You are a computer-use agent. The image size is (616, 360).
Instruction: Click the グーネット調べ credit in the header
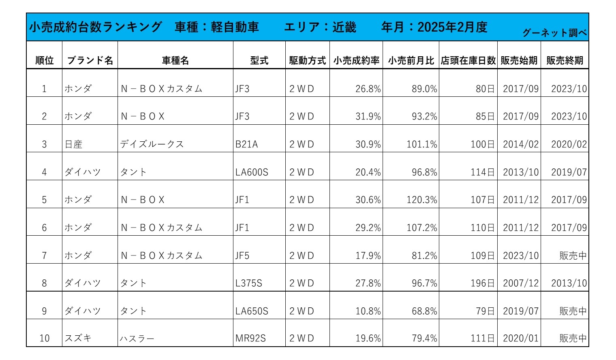(554, 32)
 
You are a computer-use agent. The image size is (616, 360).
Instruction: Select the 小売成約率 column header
(356, 60)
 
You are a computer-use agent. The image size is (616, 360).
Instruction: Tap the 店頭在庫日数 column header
(468, 60)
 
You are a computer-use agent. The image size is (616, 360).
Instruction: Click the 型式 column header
(259, 60)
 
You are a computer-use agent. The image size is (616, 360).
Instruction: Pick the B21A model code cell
(246, 144)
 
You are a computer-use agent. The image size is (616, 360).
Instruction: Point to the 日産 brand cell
(74, 144)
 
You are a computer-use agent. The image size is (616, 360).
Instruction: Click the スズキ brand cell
(78, 338)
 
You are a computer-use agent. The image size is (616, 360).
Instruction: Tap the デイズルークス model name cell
(152, 144)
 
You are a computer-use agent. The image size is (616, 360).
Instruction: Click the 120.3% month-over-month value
(422, 200)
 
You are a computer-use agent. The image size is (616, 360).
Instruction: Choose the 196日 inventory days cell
(482, 283)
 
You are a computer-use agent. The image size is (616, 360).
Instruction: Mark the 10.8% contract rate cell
(368, 311)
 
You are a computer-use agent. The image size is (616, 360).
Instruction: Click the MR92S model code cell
(250, 338)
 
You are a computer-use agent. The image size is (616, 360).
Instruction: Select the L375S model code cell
(249, 283)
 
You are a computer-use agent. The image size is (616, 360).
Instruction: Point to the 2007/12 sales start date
(521, 283)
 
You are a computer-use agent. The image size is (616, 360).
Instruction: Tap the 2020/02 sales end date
(569, 144)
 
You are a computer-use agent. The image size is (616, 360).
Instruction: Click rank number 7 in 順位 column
(44, 256)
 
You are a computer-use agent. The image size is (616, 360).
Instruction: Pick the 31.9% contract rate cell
(368, 116)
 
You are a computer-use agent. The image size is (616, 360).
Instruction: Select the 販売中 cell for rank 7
(573, 256)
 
